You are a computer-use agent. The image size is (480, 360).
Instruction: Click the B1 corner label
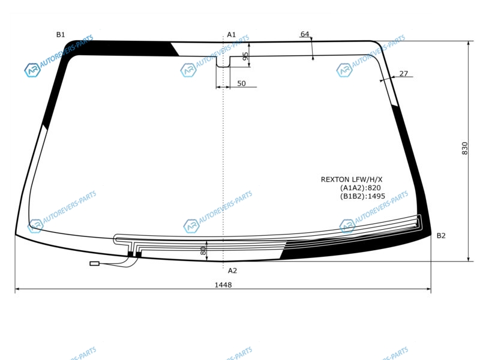coord(61,35)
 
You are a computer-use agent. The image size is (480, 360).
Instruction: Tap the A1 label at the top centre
coord(232,35)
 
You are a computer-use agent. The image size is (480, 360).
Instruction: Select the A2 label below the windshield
coord(232,271)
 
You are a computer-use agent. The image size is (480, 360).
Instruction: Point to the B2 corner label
coord(441,236)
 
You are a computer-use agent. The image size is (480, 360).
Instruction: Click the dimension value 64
coord(305,34)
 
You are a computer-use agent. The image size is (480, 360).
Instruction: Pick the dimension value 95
coord(245,56)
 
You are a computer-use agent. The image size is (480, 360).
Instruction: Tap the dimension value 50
coord(242,83)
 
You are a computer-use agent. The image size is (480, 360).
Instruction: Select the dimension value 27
coord(404,73)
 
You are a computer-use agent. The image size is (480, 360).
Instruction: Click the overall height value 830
coord(464,148)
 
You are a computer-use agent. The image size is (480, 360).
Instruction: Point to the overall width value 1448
coord(223,285)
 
